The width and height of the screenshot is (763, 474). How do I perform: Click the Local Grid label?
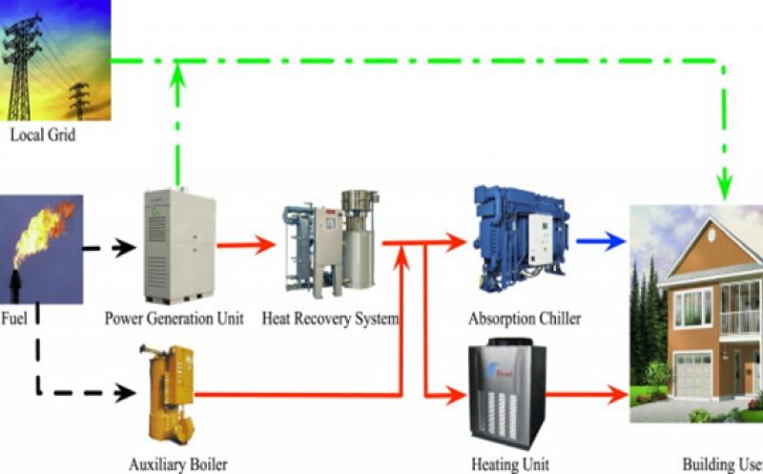(x=42, y=135)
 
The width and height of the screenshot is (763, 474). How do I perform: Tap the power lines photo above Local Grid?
(x=55, y=59)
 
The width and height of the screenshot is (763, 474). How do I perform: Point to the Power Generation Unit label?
(x=175, y=317)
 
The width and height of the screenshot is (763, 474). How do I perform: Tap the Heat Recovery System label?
(x=330, y=317)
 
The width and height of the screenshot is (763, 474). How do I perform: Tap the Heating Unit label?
(x=510, y=464)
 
